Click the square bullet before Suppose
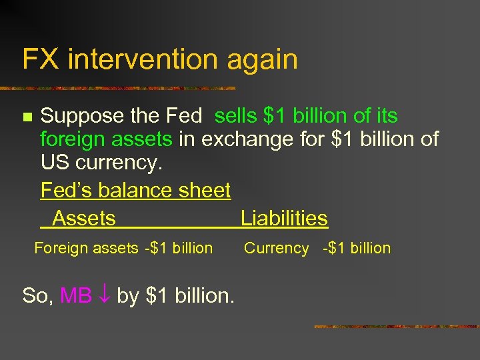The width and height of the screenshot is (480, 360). (x=27, y=117)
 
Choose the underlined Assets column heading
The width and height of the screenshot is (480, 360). (x=84, y=218)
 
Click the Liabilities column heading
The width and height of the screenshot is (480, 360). (x=284, y=218)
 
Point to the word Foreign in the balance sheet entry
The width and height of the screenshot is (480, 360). (x=61, y=248)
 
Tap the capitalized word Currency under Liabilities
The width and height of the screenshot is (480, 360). (x=276, y=249)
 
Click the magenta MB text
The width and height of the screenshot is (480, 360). (x=76, y=295)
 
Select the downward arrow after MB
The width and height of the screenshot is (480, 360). (x=104, y=295)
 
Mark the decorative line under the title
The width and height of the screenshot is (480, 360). (x=120, y=87)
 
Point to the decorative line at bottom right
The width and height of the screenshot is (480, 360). (x=396, y=327)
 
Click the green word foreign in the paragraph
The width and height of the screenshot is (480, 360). (x=72, y=140)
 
